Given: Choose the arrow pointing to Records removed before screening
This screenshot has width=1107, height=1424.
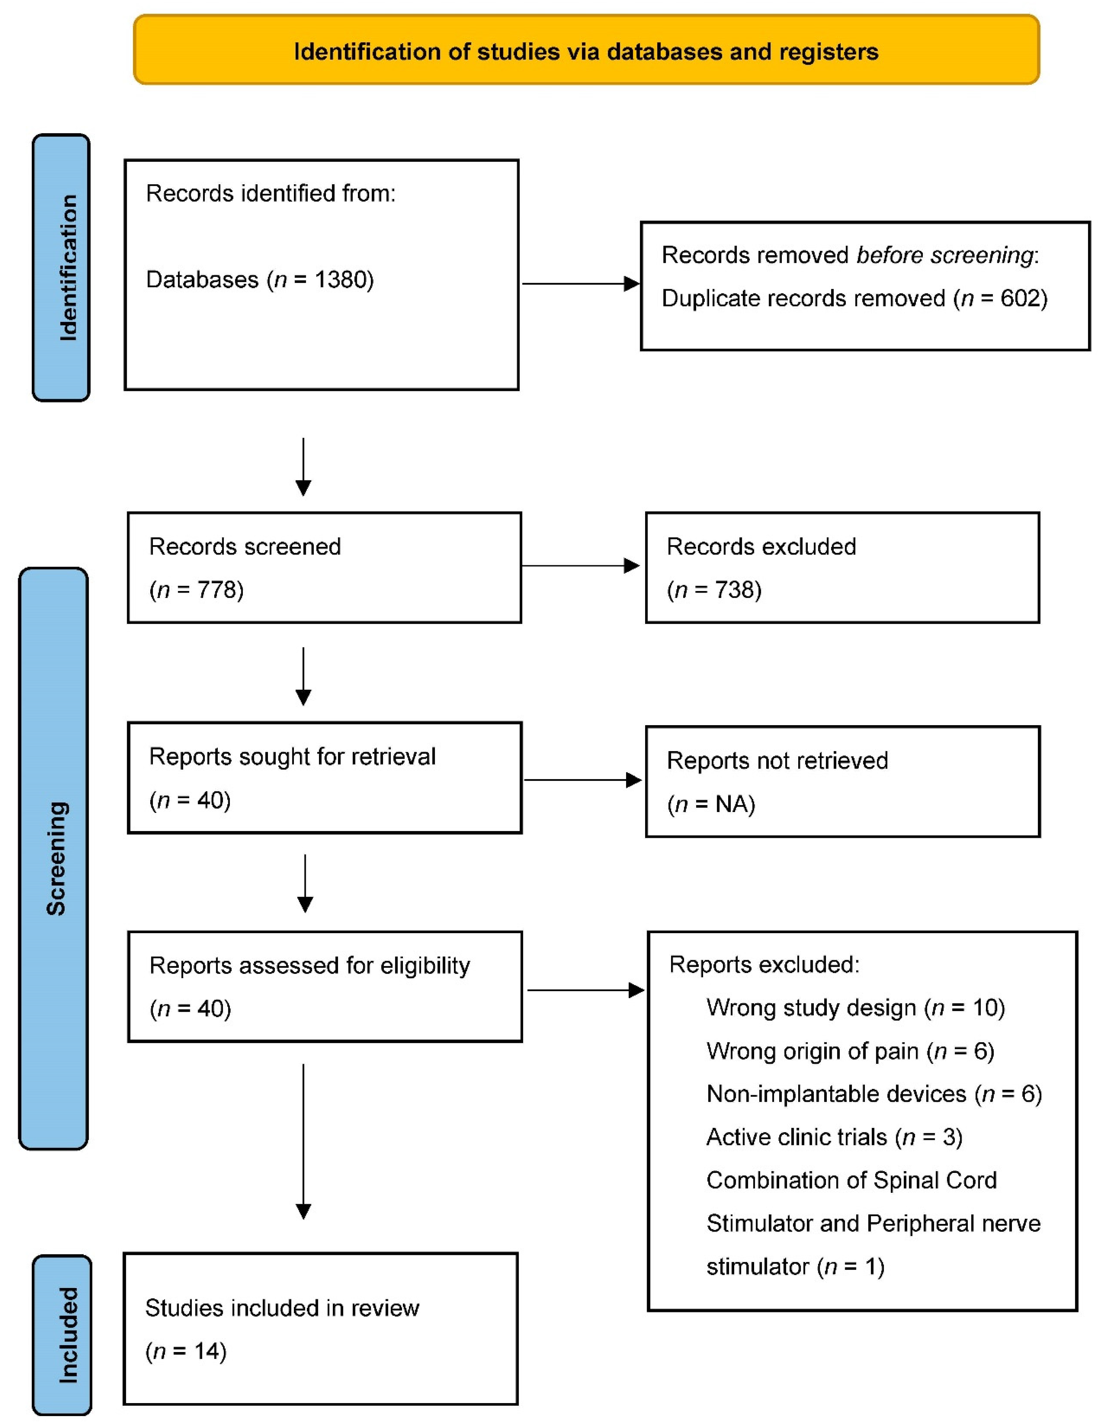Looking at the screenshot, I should point(580,283).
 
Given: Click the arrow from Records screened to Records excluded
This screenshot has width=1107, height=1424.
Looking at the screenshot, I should point(580,566).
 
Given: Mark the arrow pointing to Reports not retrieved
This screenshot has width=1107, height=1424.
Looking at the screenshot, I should point(582,780).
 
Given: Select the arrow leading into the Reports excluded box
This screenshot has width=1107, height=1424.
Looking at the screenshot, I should point(585,991).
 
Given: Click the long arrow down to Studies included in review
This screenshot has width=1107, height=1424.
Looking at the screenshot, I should point(303,1141).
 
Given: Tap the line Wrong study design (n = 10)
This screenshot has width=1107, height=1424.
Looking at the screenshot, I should point(855,1008).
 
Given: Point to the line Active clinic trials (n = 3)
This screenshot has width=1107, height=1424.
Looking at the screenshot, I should point(834,1137).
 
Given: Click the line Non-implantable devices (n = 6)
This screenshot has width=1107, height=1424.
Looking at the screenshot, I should point(874,1094).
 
